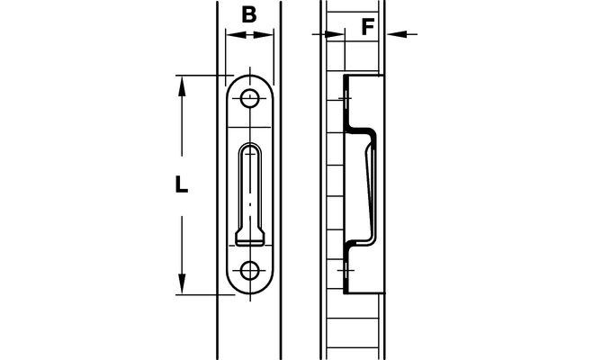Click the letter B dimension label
pyautogui.click(x=249, y=14)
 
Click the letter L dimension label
pyautogui.click(x=182, y=184)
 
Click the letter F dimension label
pyautogui.click(x=368, y=26)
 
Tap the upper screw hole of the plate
pyautogui.click(x=249, y=99)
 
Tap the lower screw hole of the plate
pyautogui.click(x=249, y=271)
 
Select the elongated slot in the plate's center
pyautogui.click(x=249, y=194)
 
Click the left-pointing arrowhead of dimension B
pyautogui.click(x=235, y=35)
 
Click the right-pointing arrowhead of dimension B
pyautogui.click(x=264, y=35)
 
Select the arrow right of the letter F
pyautogui.click(x=401, y=34)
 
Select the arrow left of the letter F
pyautogui.click(x=328, y=34)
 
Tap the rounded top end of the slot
pyautogui.click(x=249, y=148)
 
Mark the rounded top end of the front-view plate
pyautogui.click(x=249, y=85)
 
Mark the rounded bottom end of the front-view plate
pyautogui.click(x=249, y=283)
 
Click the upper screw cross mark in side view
pyautogui.click(x=345, y=99)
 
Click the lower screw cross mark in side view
pyautogui.click(x=345, y=271)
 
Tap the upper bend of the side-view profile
pyautogui.click(x=361, y=130)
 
